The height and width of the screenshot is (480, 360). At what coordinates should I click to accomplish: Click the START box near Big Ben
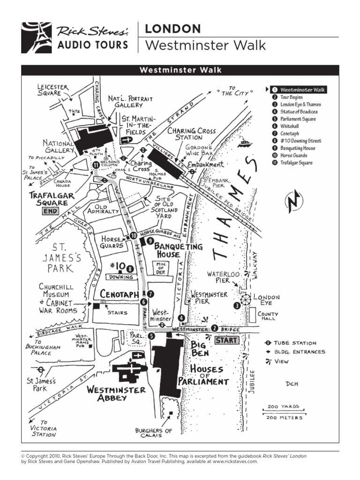pos(227,340)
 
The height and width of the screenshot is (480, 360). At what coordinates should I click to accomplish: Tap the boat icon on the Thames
pos(245,143)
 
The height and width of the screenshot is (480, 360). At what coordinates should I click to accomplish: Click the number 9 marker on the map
pos(150,241)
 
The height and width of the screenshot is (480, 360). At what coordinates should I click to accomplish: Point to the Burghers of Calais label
pos(154,433)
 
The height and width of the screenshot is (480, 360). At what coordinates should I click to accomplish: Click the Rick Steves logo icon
pos(36,37)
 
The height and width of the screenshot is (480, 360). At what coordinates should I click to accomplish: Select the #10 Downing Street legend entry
pos(300,141)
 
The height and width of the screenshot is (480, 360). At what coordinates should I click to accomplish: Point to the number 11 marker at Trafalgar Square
pos(96,165)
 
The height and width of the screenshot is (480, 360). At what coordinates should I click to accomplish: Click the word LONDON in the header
pos(172,29)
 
